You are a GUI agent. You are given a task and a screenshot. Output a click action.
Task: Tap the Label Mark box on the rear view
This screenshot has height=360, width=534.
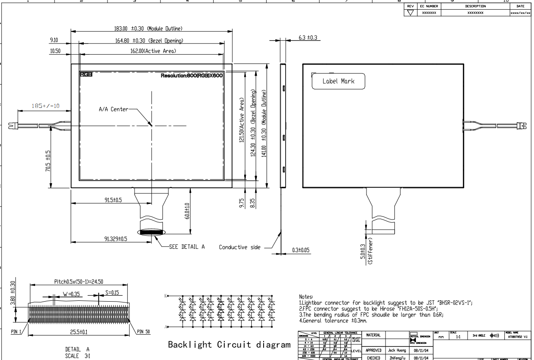pos(338,81)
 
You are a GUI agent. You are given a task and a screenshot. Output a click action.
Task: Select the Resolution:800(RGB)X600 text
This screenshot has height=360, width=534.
pos(191,75)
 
